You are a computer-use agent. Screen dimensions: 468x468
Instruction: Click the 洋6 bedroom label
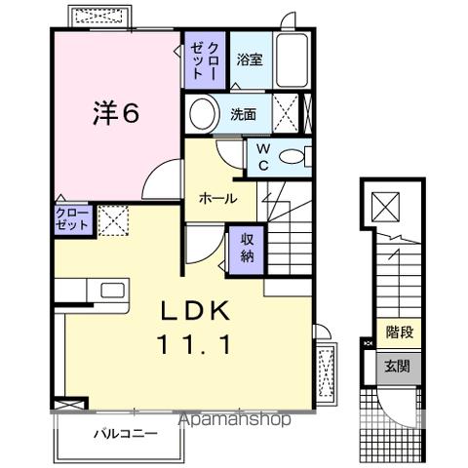(115, 114)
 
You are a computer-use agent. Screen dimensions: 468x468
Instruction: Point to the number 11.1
(194, 344)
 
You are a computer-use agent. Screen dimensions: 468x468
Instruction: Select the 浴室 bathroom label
(249, 60)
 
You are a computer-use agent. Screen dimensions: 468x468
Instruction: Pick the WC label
(263, 156)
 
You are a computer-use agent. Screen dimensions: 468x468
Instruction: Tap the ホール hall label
(216, 198)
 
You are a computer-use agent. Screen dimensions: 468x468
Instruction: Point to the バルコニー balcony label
(126, 432)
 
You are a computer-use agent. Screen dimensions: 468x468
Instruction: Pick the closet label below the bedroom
(72, 217)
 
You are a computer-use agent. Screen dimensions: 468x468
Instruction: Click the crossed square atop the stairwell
(386, 208)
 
